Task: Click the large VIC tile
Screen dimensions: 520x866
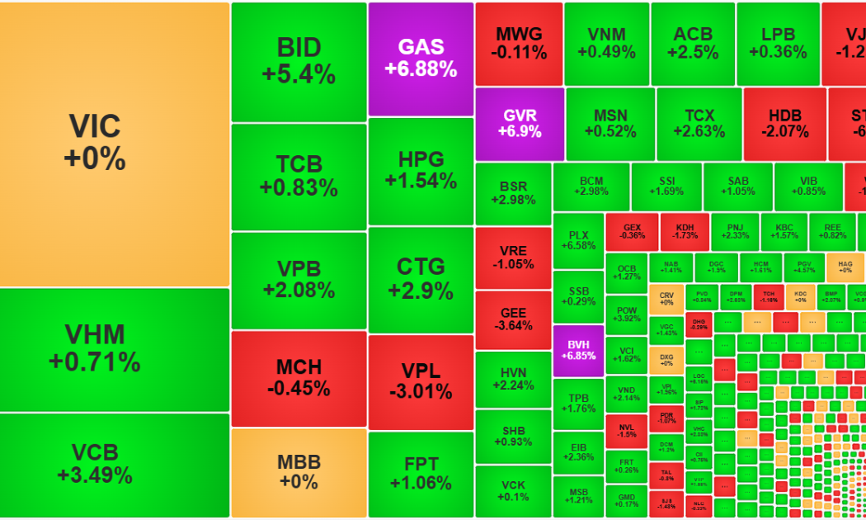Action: tap(114, 144)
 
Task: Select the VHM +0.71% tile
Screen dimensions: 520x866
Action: tap(114, 349)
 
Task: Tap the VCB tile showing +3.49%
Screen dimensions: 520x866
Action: tap(114, 465)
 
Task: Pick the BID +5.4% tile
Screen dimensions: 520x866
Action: tap(299, 62)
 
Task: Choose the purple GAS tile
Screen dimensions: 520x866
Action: tap(421, 59)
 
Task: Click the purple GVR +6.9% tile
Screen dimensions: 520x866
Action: tap(520, 124)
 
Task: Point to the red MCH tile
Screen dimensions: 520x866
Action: tap(299, 378)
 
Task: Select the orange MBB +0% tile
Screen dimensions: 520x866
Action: tap(299, 472)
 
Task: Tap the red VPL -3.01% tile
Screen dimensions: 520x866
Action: tap(421, 381)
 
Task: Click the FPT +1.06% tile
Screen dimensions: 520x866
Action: tap(421, 474)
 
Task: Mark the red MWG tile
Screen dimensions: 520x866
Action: tap(519, 44)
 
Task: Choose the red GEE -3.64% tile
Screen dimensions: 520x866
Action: tap(513, 319)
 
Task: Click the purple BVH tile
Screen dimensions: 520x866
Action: tap(578, 350)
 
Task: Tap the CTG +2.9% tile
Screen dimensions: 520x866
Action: tap(421, 279)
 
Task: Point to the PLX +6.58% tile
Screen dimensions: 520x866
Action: tap(578, 240)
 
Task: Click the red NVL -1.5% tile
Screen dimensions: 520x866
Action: tap(627, 429)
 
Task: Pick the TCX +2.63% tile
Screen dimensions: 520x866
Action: tap(698, 124)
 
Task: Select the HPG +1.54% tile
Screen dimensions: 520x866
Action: tap(421, 171)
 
